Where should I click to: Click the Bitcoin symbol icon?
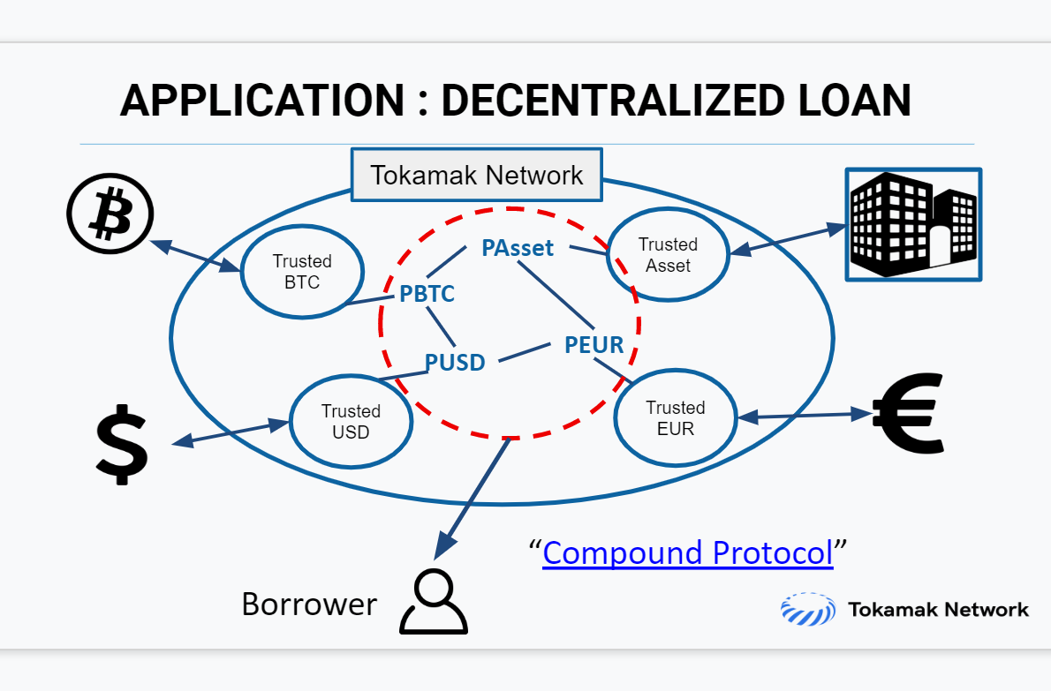point(110,214)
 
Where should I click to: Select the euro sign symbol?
point(908,413)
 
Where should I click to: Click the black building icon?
point(913,224)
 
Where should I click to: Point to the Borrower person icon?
point(433,601)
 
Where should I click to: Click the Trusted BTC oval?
point(302,271)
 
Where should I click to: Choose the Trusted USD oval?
point(351,421)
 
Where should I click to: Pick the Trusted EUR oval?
point(675,417)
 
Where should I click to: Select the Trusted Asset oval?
point(668,254)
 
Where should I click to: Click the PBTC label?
point(427,294)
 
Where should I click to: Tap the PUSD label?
point(455,362)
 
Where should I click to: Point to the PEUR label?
point(594,345)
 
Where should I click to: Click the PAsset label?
point(518,248)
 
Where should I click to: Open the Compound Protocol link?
point(687,553)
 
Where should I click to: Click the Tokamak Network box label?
point(477,175)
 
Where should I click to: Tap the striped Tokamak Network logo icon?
point(807,609)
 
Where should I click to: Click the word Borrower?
point(309,604)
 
